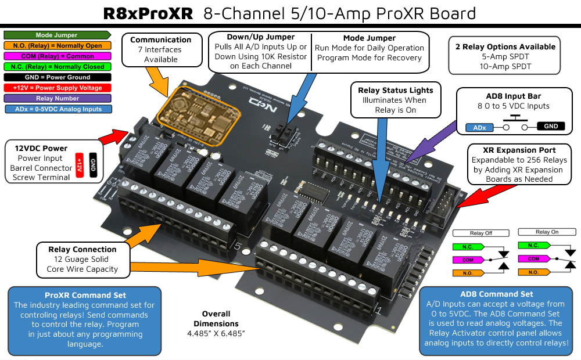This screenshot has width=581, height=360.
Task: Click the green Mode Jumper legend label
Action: point(56,35)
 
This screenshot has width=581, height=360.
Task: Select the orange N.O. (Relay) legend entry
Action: point(56,46)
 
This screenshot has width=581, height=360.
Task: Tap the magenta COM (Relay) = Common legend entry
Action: point(56,56)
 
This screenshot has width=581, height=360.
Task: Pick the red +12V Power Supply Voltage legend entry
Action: point(56,88)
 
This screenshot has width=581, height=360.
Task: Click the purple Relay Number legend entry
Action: point(56,98)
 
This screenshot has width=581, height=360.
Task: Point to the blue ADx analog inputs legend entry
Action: point(56,109)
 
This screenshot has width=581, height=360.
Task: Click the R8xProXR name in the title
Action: point(148,13)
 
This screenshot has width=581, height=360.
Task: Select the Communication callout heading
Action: point(160,40)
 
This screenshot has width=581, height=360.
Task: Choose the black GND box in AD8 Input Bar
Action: point(550,125)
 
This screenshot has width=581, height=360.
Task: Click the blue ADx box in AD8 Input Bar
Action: point(479,127)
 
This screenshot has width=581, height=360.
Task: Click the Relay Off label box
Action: point(480,232)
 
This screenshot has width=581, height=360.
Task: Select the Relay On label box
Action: point(547,232)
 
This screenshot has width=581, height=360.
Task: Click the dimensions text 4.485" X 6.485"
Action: point(216,333)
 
